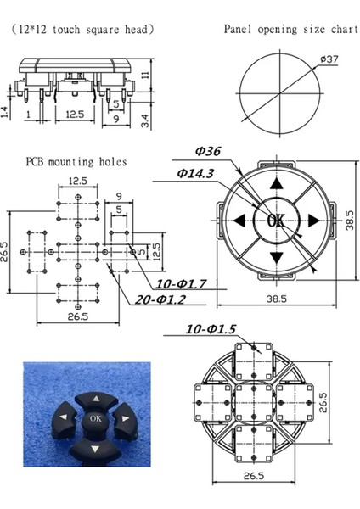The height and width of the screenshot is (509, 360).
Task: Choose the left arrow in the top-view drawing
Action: click(239, 221)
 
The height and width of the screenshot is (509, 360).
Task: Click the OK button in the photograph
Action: click(94, 417)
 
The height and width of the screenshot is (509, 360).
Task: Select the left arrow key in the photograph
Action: click(65, 417)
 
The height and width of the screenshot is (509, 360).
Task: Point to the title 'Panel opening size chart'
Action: click(290, 29)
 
